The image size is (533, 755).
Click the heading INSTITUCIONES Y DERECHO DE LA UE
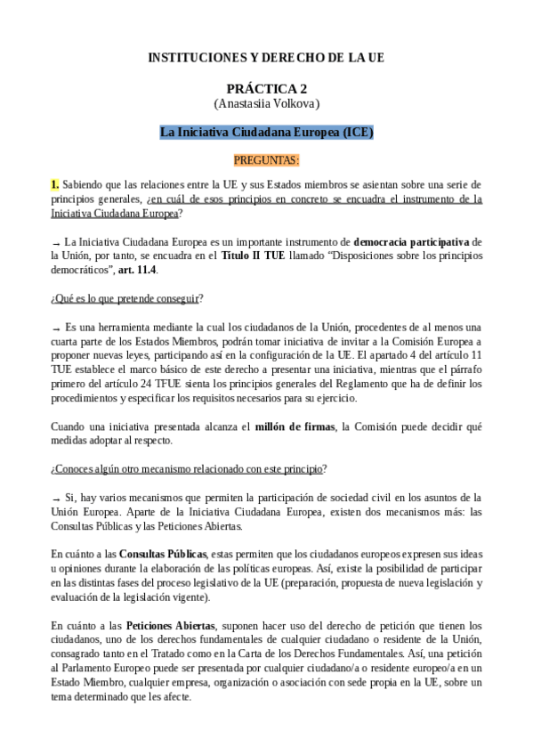pyautogui.click(x=266, y=58)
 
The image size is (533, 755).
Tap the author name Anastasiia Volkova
pyautogui.click(x=266, y=104)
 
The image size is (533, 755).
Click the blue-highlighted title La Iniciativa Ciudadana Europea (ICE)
pyautogui.click(x=266, y=133)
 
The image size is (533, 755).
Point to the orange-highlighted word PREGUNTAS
pyautogui.click(x=266, y=160)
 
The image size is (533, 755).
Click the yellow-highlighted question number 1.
pyautogui.click(x=54, y=185)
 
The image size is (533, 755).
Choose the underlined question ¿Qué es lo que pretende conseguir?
pyautogui.click(x=127, y=298)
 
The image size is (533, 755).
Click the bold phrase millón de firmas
pyautogui.click(x=290, y=426)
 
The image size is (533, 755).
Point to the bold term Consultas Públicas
pyautogui.click(x=164, y=553)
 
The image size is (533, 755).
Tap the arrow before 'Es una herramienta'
pyautogui.click(x=56, y=329)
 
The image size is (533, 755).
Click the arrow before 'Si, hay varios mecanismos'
pyautogui.click(x=56, y=499)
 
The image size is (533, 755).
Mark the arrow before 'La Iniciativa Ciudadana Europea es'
pyautogui.click(x=56, y=243)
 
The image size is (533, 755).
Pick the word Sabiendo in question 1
pyautogui.click(x=85, y=185)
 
